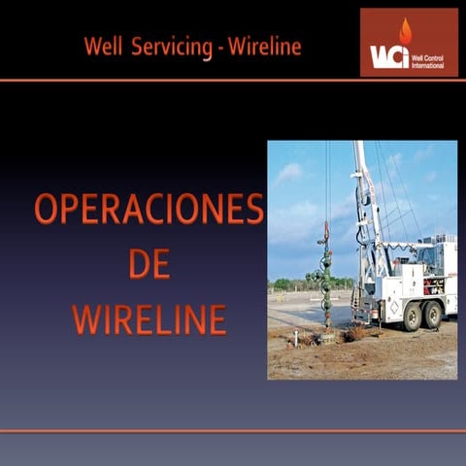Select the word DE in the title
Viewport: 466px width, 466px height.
tap(149, 264)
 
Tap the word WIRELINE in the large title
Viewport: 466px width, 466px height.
tap(149, 319)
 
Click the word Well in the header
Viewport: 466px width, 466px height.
tap(103, 46)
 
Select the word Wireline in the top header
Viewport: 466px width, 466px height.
tap(264, 46)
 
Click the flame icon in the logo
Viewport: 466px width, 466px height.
tap(405, 31)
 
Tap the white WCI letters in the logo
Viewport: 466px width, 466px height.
tap(388, 56)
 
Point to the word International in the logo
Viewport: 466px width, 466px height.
tap(428, 65)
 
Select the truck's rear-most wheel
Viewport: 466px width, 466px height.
tap(434, 314)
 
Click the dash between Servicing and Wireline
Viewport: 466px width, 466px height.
tap(219, 47)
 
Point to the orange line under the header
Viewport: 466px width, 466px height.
tap(233, 81)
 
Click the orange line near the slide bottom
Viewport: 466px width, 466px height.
tap(233, 430)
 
